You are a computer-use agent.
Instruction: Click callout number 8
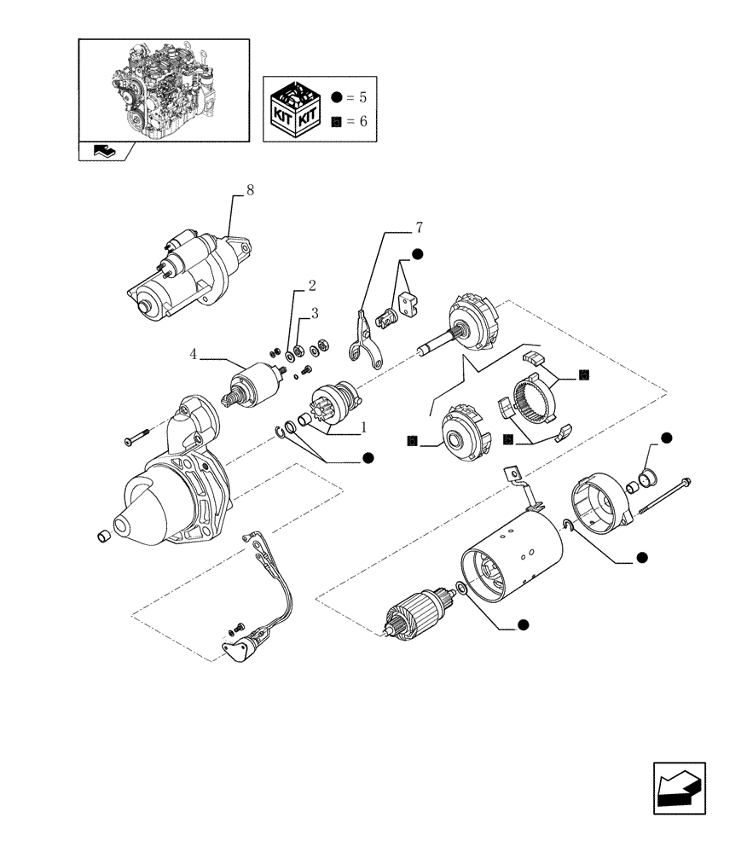(x=249, y=190)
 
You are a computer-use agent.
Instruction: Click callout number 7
(x=419, y=228)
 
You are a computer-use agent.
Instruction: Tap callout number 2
(x=313, y=284)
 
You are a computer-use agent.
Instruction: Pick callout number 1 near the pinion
(x=364, y=426)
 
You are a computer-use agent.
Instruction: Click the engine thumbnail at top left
(x=164, y=90)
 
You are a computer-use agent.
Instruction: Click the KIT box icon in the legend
(x=293, y=107)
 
